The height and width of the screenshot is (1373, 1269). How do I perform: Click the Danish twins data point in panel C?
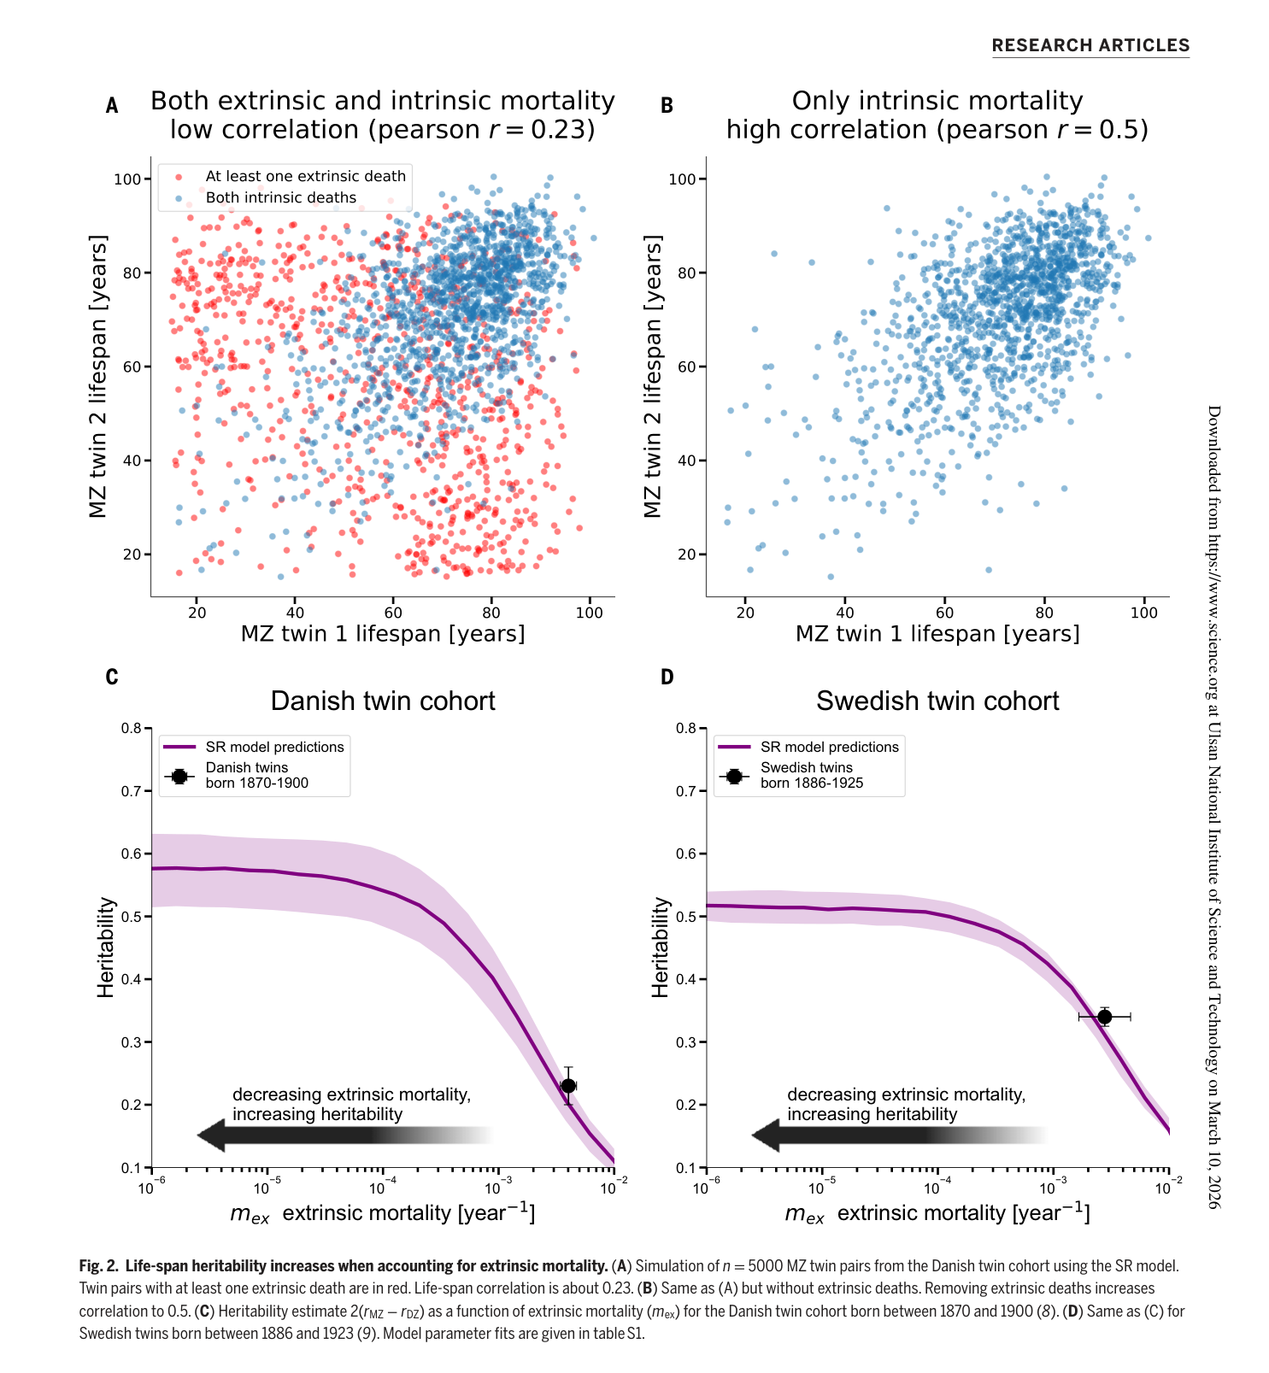click(x=568, y=1086)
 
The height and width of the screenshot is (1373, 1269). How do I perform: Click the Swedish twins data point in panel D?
click(x=1104, y=1017)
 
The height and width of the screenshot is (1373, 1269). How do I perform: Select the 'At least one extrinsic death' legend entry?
click(x=305, y=176)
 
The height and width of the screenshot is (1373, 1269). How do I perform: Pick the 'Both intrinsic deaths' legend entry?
click(x=280, y=197)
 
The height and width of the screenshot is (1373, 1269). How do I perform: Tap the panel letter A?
click(x=112, y=106)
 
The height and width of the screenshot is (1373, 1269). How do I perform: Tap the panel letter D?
click(x=667, y=678)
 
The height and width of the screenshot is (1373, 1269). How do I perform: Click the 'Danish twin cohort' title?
click(x=383, y=701)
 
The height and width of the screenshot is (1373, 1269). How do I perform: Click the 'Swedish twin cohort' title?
click(x=937, y=701)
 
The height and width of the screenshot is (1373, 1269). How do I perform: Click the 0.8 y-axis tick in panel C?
click(x=131, y=729)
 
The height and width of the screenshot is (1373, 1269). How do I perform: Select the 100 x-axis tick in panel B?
click(x=1143, y=613)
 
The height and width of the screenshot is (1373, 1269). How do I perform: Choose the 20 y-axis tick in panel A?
click(x=132, y=554)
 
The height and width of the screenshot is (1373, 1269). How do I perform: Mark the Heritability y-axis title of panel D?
click(x=660, y=947)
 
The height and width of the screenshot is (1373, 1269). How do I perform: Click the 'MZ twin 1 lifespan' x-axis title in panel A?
click(x=383, y=634)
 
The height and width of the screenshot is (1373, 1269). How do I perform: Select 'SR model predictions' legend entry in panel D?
click(x=829, y=747)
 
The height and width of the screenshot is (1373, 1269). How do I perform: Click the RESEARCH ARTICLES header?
click(x=1090, y=46)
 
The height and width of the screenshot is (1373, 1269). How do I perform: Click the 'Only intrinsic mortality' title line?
click(x=937, y=101)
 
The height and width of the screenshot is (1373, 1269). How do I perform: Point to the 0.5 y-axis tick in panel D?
click(x=686, y=917)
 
